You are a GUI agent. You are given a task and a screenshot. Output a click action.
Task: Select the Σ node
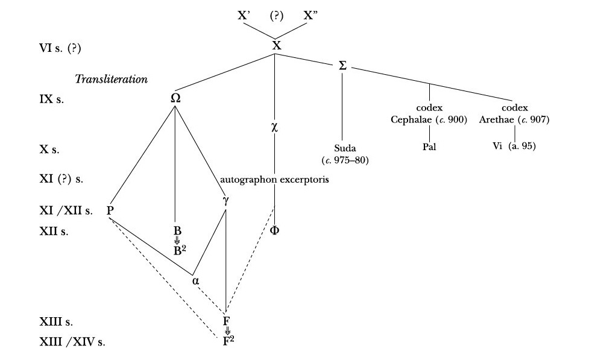click(342, 65)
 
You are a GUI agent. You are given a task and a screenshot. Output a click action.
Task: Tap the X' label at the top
click(244, 16)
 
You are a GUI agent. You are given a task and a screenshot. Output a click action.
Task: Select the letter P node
click(110, 210)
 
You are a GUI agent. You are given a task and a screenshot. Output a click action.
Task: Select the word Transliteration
click(112, 80)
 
